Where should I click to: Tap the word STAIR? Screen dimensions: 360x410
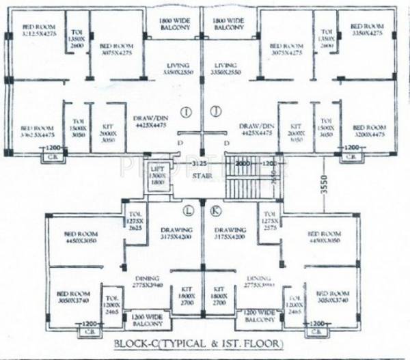point(200,176)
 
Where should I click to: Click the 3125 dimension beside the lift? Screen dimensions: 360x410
point(198,165)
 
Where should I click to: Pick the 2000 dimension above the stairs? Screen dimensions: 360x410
point(244,165)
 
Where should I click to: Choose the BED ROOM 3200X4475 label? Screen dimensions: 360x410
point(368,131)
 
